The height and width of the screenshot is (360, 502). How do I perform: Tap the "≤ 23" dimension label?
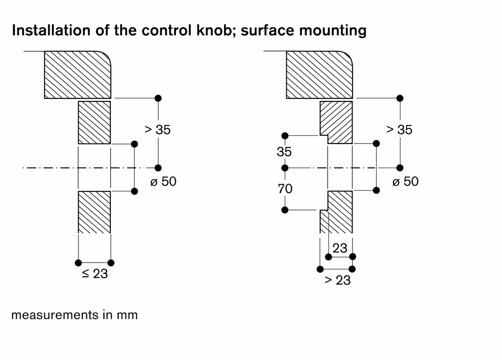click(95, 274)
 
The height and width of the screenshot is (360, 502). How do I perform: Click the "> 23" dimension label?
click(337, 280)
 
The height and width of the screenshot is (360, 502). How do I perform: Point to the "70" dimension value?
click(285, 189)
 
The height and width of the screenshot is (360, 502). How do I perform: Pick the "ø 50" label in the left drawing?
click(163, 181)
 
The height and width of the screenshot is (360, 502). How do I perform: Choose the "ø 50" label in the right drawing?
click(405, 181)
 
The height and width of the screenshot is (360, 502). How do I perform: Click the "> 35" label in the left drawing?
click(158, 130)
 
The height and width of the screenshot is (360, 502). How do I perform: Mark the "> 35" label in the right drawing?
click(400, 130)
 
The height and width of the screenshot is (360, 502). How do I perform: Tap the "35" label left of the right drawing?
click(284, 152)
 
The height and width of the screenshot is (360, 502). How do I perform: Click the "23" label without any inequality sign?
click(340, 248)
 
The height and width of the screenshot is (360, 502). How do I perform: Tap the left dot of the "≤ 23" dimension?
click(78, 263)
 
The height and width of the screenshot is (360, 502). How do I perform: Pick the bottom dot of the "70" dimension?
click(285, 210)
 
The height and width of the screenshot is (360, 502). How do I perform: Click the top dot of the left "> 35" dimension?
click(158, 98)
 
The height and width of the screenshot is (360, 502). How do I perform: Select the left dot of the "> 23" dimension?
click(320, 269)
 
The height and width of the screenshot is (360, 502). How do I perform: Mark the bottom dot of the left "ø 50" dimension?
click(134, 192)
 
